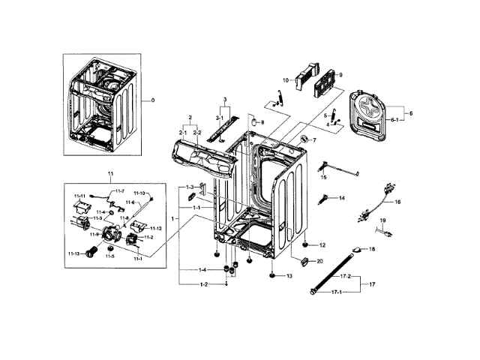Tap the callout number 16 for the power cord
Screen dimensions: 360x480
[x=398, y=202]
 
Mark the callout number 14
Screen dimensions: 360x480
[x=341, y=198]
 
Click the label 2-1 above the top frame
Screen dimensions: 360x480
[x=181, y=133]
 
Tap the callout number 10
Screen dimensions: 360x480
[x=286, y=79]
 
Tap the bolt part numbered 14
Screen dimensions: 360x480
[x=325, y=199]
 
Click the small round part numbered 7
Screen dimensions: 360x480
[x=304, y=139]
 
